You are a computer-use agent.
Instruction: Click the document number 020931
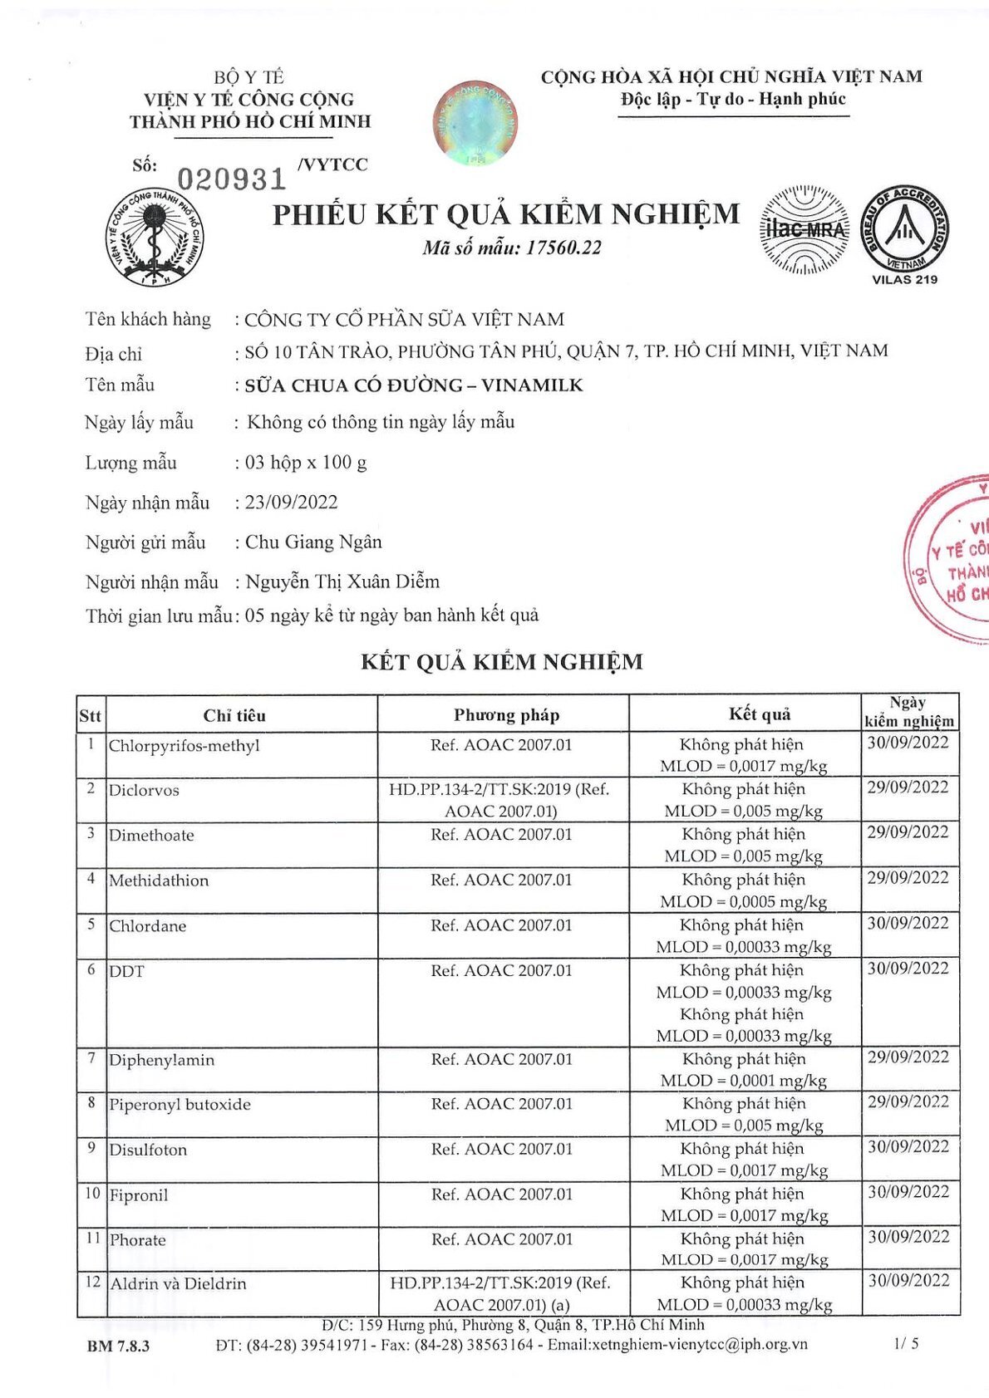coord(232,179)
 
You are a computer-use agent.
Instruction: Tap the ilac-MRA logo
coord(804,230)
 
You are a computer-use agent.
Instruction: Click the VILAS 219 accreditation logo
coord(904,233)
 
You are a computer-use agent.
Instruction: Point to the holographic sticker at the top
coord(475,122)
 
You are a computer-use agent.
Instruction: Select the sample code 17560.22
coord(563,248)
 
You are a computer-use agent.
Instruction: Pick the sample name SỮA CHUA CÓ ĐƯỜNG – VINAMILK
coord(414,385)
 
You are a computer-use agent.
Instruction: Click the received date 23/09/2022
coord(292,503)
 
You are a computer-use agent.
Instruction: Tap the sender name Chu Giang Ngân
coord(313,542)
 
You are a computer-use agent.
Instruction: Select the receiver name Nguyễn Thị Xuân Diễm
coord(342,581)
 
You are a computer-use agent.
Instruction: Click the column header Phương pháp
coord(506,715)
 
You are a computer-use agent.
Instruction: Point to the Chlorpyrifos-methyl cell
coord(185,746)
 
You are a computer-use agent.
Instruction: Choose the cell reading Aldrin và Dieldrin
coord(179,1284)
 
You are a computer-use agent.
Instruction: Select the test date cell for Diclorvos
coord(908,787)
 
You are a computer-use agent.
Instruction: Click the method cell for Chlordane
coord(501,925)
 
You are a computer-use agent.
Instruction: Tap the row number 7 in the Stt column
coord(91,1058)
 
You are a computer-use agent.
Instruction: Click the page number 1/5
coord(907,1343)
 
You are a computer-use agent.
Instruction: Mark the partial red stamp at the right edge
coord(952,559)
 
